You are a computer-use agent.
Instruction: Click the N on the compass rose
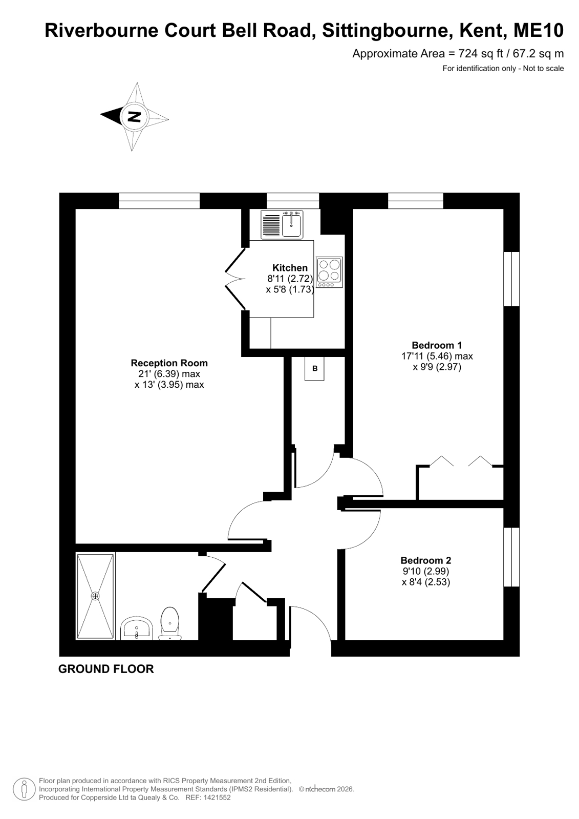tap(134, 117)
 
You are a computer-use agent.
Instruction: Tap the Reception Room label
tap(169, 363)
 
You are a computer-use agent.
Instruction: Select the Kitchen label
tap(290, 268)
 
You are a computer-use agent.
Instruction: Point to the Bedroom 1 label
tap(437, 345)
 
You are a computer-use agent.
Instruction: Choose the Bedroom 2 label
tap(426, 560)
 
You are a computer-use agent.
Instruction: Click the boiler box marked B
tap(315, 369)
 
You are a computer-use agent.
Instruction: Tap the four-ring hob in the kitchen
tap(329, 272)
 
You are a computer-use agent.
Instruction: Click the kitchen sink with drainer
tap(282, 224)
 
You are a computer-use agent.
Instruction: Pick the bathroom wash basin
tap(136, 627)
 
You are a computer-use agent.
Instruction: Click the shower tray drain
tap(95, 596)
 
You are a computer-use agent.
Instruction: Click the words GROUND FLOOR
tap(106, 669)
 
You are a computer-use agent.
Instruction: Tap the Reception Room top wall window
tap(159, 201)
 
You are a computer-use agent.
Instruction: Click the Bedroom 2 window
tap(512, 557)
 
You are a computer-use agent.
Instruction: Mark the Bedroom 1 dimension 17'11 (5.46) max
tap(437, 356)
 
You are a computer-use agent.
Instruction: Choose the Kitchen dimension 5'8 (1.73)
tap(290, 289)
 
